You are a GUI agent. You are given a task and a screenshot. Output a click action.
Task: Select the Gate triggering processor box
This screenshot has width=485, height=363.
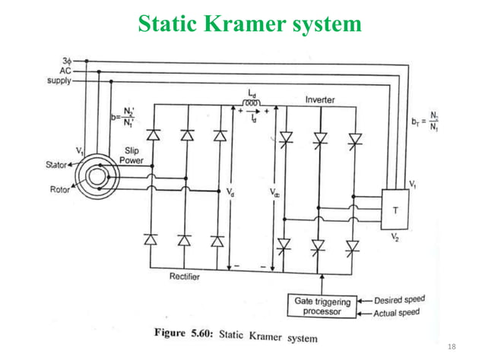point(323,307)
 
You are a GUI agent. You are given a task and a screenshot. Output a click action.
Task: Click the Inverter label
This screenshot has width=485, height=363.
point(320,100)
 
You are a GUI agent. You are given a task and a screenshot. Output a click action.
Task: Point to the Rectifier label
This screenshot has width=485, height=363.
point(185,277)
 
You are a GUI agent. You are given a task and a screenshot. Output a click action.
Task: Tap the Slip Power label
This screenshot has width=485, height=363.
point(130,156)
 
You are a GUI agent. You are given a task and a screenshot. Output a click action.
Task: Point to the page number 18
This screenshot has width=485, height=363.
point(452,347)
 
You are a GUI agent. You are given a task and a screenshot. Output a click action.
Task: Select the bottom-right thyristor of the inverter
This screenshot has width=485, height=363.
point(351,245)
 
